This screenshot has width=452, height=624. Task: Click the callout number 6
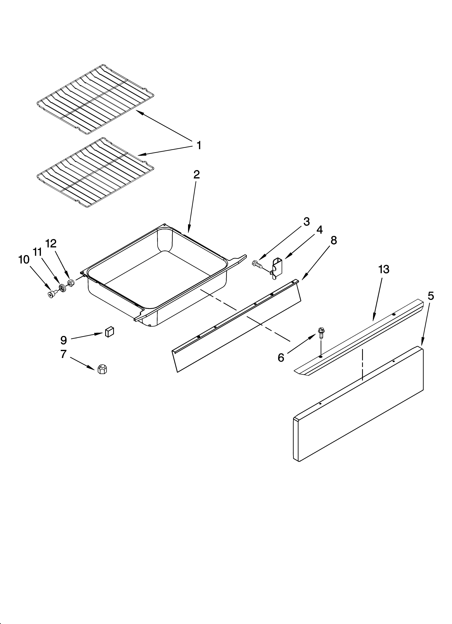281,358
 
